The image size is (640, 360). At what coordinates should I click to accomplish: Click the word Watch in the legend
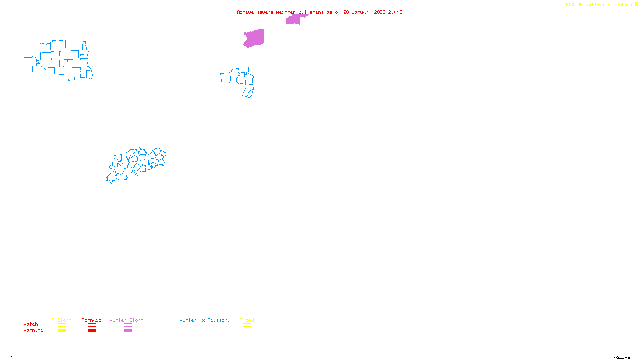(x=31, y=324)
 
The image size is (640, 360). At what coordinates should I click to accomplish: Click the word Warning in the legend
(x=33, y=330)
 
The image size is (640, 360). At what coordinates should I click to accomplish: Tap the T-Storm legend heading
(x=62, y=320)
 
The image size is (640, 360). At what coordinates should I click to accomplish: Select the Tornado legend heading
(x=92, y=320)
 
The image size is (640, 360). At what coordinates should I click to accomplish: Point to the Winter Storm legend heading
(x=126, y=320)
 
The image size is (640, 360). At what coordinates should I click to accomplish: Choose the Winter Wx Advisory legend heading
(x=205, y=320)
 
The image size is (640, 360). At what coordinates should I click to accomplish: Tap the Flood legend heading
(x=247, y=320)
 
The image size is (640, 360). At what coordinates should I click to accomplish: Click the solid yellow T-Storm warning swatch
(x=62, y=331)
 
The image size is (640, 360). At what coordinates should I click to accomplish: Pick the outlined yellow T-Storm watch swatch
(x=62, y=325)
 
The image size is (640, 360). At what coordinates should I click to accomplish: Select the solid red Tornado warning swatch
(x=92, y=331)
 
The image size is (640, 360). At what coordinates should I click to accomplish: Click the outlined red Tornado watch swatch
(x=92, y=325)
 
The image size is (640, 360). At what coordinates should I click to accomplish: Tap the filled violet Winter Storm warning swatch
(x=128, y=331)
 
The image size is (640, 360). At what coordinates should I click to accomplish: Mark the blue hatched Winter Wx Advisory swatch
(x=204, y=331)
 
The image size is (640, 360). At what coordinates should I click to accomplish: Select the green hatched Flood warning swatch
(x=247, y=331)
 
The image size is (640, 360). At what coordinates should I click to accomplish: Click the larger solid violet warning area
(x=254, y=38)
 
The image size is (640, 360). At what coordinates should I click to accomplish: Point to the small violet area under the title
(x=294, y=19)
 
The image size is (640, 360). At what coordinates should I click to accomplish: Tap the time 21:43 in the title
(x=395, y=12)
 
